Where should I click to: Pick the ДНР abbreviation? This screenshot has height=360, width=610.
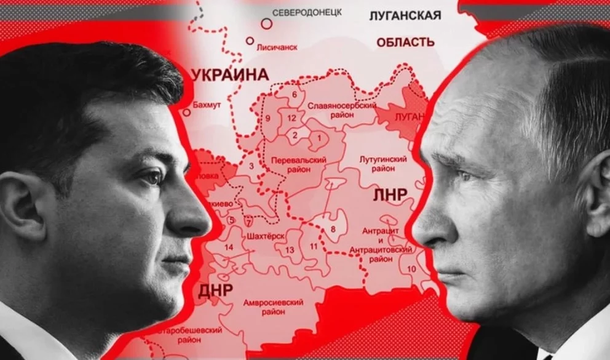point(215,290)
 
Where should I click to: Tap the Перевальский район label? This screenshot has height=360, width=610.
point(298,165)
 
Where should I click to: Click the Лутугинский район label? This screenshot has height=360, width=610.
point(382,163)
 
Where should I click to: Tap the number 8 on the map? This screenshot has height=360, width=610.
point(333,230)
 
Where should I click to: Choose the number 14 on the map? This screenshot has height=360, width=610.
point(229,247)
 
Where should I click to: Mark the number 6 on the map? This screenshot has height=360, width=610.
point(295,94)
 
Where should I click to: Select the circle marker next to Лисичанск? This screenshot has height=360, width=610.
point(250,41)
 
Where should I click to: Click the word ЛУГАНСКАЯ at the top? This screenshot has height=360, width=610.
point(405,15)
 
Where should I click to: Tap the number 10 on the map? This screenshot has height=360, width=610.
point(411,269)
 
